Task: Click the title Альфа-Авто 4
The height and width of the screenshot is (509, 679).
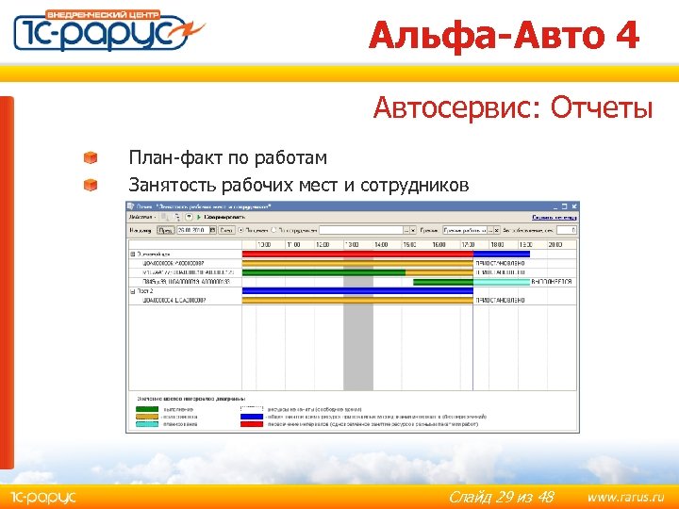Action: click(504, 36)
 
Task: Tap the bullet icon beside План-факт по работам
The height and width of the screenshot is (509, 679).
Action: click(90, 157)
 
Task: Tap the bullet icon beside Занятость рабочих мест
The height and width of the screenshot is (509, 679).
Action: click(90, 185)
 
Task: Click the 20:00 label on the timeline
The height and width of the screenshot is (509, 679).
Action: click(556, 243)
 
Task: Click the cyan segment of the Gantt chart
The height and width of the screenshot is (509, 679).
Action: click(501, 281)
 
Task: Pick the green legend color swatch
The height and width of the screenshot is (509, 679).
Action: click(147, 409)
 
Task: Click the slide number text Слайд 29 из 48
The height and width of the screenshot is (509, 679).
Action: click(501, 496)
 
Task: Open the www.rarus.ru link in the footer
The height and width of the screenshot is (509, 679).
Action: click(625, 496)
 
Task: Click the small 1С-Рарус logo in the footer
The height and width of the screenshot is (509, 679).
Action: click(42, 496)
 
